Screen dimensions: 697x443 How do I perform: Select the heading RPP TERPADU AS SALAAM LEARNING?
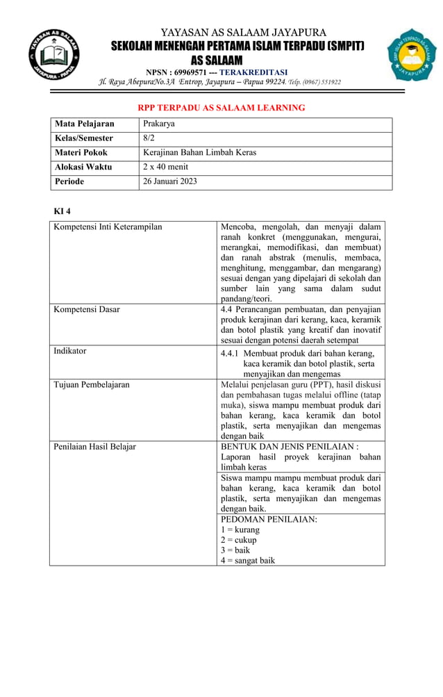pyautogui.click(x=221, y=108)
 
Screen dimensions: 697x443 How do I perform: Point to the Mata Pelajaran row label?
pyautogui.click(x=84, y=124)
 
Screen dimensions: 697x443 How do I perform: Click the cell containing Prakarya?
pyautogui.click(x=158, y=124)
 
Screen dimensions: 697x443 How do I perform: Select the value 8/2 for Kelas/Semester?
pyautogui.click(x=149, y=138)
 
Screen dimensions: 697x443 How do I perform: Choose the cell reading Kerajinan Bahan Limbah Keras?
pyautogui.click(x=199, y=153)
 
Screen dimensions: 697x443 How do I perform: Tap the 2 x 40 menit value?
pyautogui.click(x=165, y=167)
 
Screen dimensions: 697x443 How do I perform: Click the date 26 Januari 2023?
pyautogui.click(x=169, y=181)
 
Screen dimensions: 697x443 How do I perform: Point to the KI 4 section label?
pyautogui.click(x=62, y=211)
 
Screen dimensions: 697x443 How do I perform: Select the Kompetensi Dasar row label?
pyautogui.click(x=87, y=309)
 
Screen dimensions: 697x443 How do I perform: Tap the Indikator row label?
pyautogui.click(x=70, y=351)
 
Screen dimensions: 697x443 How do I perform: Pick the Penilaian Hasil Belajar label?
pyautogui.click(x=95, y=446)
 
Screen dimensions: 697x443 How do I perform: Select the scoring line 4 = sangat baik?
pyautogui.click(x=248, y=560)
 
